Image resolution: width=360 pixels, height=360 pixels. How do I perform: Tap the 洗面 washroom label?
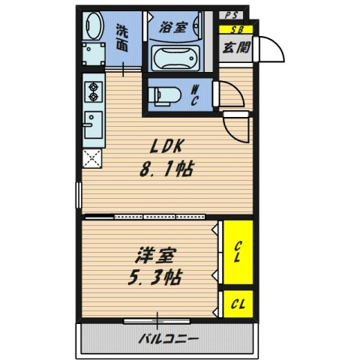coord(122,38)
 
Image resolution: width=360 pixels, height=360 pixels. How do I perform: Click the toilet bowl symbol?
coord(165,95)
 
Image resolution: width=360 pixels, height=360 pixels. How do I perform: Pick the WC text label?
coord(194,95)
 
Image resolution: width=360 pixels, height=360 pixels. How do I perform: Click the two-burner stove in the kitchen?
coord(94,91)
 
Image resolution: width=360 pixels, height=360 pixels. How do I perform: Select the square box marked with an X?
coord(94,158)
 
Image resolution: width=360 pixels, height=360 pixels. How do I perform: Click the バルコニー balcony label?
coord(168,338)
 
